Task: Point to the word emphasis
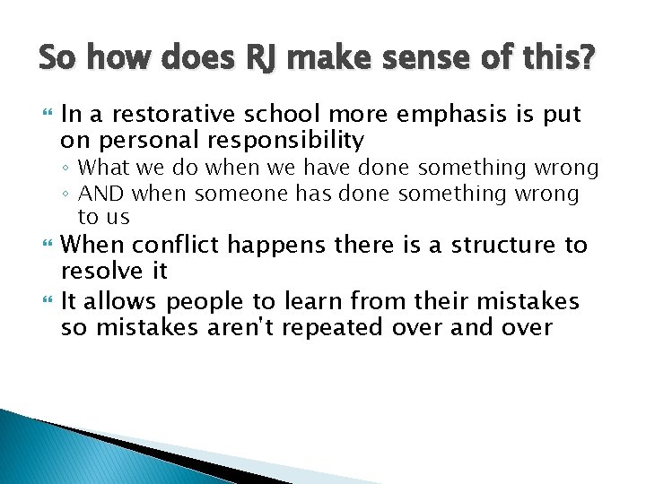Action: click(439, 115)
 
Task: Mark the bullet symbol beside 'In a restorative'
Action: click(44, 114)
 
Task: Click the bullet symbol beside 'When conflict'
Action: click(44, 245)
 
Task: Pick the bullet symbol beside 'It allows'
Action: click(44, 302)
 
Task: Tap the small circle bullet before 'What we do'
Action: click(69, 169)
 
